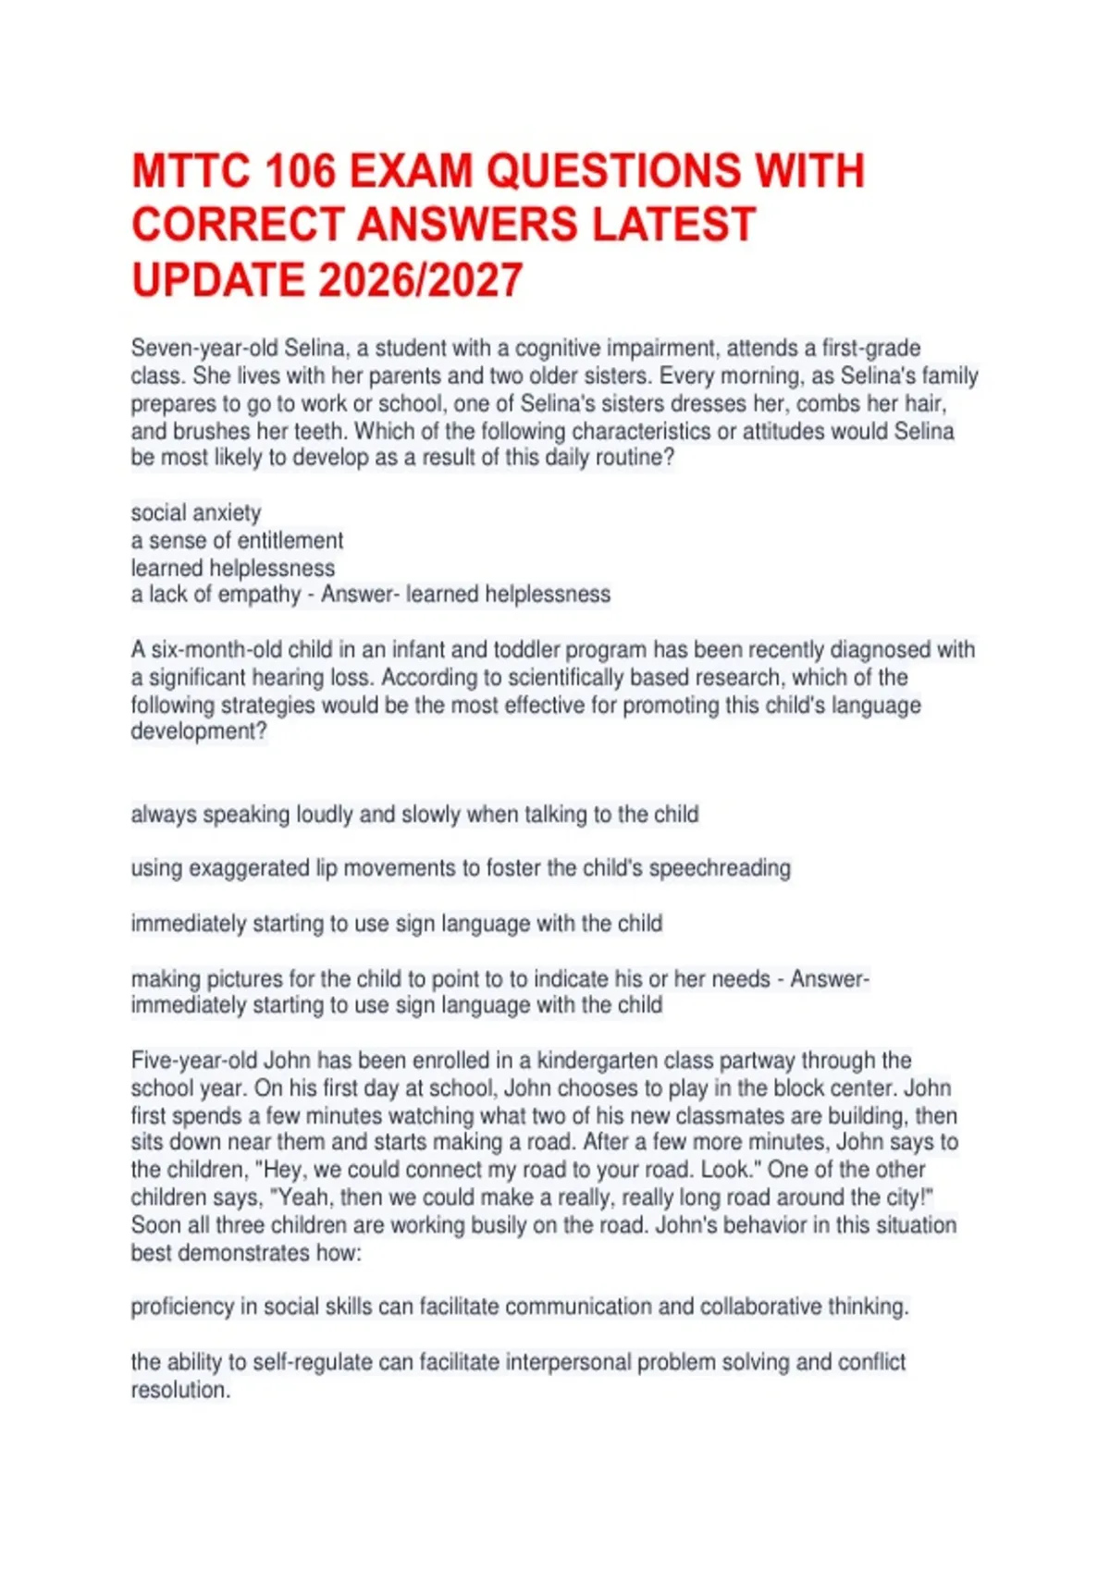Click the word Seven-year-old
click(x=204, y=349)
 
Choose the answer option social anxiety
click(x=196, y=513)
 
